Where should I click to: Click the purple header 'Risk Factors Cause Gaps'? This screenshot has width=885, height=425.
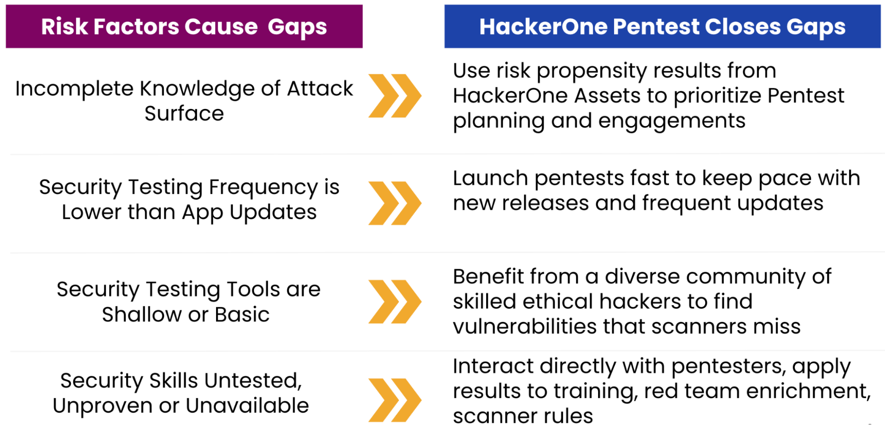pyautogui.click(x=184, y=27)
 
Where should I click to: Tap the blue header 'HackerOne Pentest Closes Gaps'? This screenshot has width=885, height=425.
pyautogui.click(x=662, y=27)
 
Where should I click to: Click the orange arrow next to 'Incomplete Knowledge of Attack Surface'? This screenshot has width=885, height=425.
pyautogui.click(x=395, y=96)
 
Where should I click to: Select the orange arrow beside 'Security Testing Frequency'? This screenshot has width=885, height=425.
pyautogui.click(x=395, y=203)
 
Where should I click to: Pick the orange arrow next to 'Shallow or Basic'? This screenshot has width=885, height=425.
pyautogui.click(x=395, y=301)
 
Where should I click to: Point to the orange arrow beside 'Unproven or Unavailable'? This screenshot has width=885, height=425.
pyautogui.click(x=395, y=400)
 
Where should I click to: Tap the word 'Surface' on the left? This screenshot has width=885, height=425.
pyautogui.click(x=184, y=114)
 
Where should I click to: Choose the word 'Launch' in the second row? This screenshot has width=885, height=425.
pyautogui.click(x=491, y=178)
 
